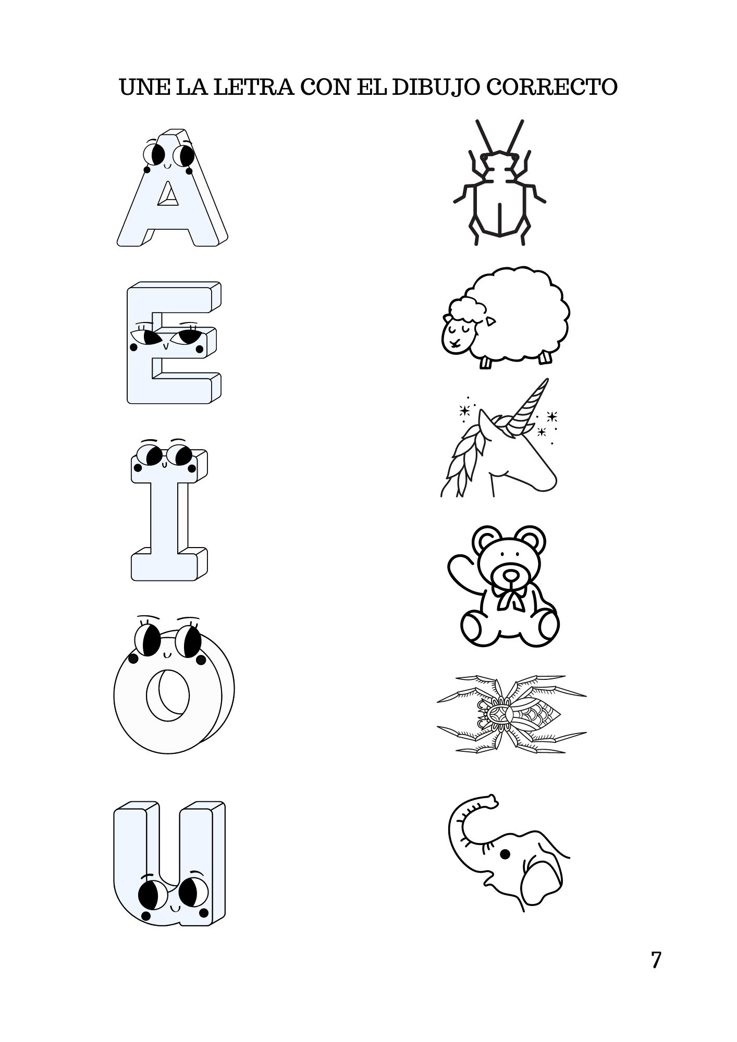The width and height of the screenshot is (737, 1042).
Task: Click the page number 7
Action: point(656,960)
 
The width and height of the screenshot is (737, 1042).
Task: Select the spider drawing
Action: point(511,714)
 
